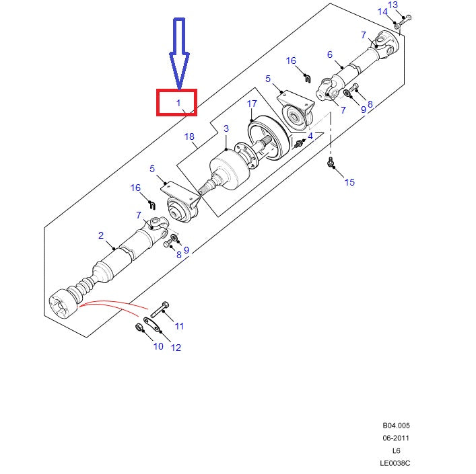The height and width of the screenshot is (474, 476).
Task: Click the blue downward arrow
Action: pos(179,54)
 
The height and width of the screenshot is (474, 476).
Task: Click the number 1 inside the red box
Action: pos(178,103)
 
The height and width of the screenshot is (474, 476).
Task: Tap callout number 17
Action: pos(252,104)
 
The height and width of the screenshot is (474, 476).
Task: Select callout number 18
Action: pos(189,137)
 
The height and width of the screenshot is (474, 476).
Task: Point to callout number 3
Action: pos(226,128)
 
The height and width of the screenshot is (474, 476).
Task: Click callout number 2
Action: pos(101,235)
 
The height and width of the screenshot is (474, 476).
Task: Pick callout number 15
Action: pos(349,182)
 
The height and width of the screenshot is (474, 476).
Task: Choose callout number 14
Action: pos(382,11)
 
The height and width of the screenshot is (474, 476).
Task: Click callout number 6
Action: pos(330,54)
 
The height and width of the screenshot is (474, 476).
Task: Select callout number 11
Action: pos(179,326)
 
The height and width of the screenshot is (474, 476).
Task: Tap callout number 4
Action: pos(310,136)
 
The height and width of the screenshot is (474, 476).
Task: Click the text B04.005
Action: pos(395,426)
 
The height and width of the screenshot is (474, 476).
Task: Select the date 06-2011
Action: pos(395,438)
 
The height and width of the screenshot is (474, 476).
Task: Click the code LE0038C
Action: pos(395,463)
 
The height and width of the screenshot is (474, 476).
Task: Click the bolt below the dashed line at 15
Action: pos(331,163)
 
